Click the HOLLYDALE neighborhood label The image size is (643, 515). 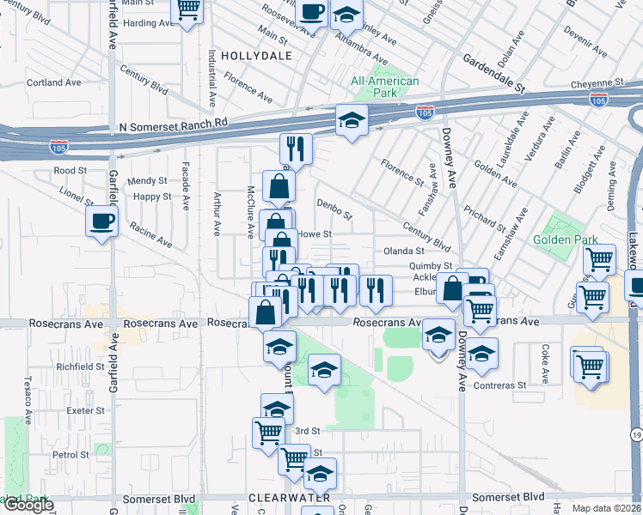[x=256, y=56]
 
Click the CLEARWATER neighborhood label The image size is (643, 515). [x=283, y=498]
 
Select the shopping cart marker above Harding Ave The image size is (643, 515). [x=187, y=10]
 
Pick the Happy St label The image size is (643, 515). [x=152, y=197]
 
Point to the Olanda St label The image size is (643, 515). [x=404, y=251]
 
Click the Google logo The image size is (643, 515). [x=28, y=506]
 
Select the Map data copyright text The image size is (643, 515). [x=606, y=508]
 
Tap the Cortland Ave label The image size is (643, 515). [x=53, y=83]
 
